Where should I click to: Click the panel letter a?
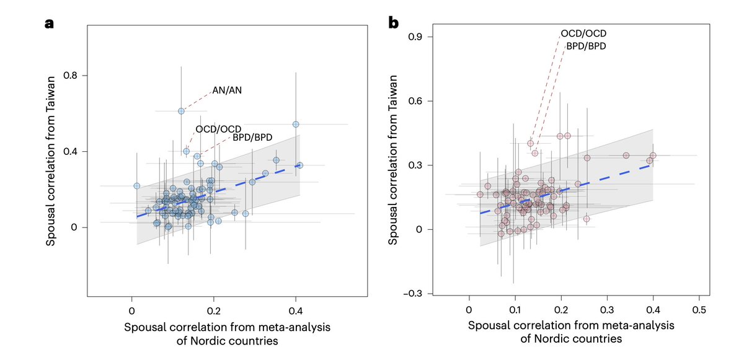click(49, 24)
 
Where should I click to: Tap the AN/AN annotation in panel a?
click(227, 90)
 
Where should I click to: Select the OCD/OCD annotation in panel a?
click(218, 129)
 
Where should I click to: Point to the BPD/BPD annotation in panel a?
click(252, 138)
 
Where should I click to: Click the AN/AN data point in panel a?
click(181, 111)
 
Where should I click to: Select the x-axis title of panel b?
click(570, 332)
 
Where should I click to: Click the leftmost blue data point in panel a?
click(137, 186)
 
